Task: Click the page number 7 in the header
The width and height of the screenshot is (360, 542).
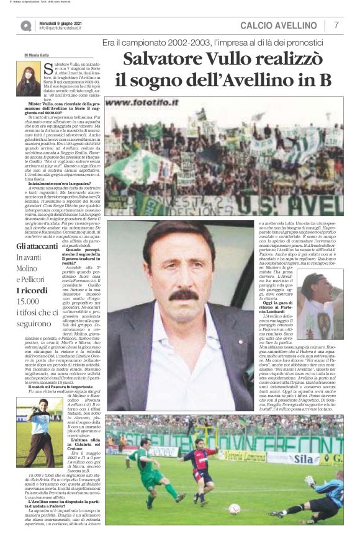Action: [x=336, y=25]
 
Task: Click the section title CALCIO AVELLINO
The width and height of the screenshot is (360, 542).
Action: [x=278, y=25]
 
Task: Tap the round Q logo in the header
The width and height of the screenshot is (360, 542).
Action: [x=25, y=25]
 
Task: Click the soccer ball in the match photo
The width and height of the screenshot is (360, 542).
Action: [x=234, y=509]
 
